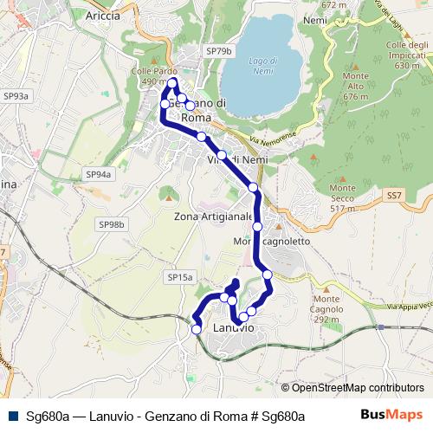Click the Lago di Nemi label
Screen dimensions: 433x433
point(262,66)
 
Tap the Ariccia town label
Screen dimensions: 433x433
point(103,15)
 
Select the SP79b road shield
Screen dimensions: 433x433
point(219,52)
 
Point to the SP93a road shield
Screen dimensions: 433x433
point(16,97)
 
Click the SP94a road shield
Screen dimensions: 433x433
point(99,174)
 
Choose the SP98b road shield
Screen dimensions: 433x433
point(112,224)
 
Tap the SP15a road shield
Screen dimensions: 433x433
point(179,277)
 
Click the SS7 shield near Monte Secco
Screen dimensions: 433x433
point(394,196)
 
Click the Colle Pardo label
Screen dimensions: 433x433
point(149,76)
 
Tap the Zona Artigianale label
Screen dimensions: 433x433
point(213,216)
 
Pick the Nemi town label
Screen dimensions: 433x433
point(315,20)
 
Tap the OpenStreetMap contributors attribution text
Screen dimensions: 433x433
point(352,389)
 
